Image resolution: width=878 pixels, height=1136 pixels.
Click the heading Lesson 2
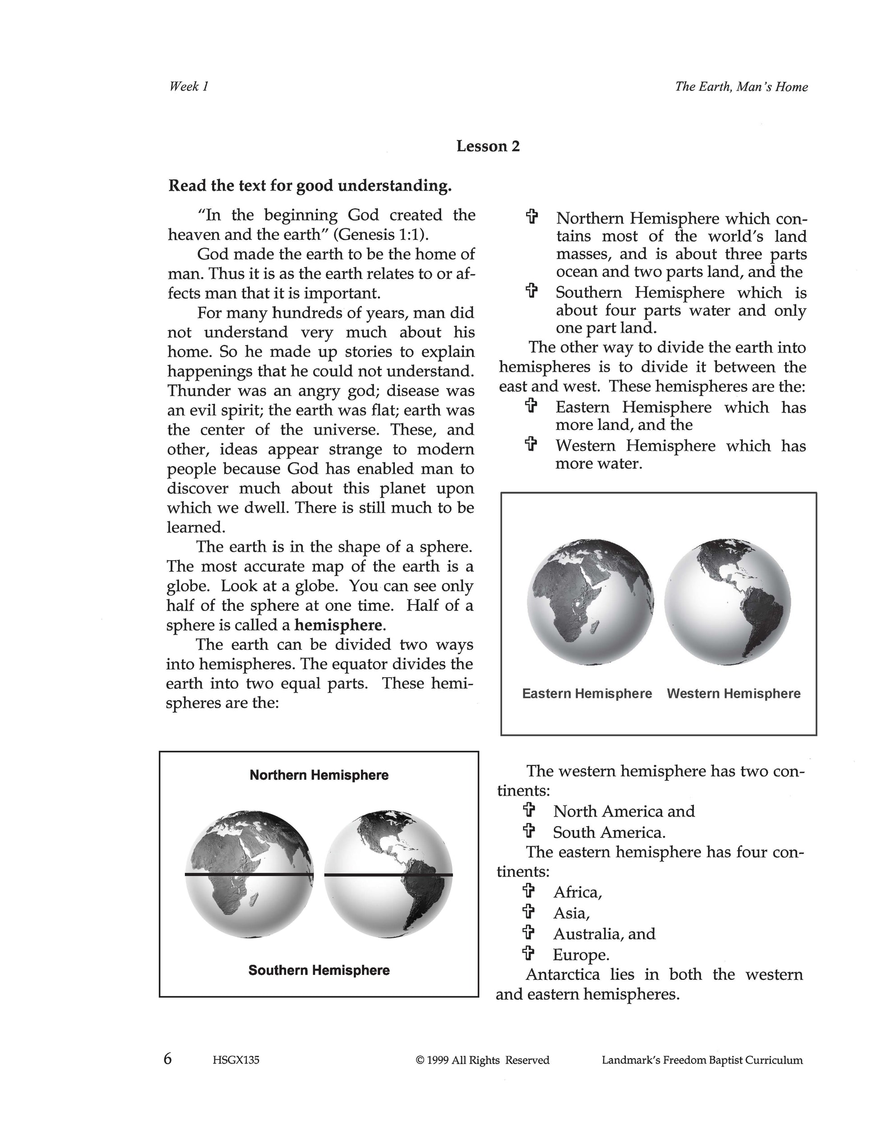[x=488, y=146]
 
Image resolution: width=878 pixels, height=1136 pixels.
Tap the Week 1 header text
[x=189, y=86]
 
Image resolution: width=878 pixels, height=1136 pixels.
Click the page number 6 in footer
[x=167, y=1058]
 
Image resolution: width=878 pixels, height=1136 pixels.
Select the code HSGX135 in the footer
[x=236, y=1060]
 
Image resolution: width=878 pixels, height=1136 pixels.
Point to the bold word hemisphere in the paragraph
[x=338, y=625]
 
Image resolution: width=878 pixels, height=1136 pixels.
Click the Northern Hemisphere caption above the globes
[x=319, y=775]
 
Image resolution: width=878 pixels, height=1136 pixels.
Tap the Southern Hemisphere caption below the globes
[x=319, y=970]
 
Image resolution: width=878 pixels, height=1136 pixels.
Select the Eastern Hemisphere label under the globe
[x=587, y=693]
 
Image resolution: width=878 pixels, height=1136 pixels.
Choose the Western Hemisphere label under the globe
[x=734, y=693]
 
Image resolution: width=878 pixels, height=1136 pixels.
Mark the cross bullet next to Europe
[x=528, y=953]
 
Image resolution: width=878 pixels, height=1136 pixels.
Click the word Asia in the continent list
[x=571, y=913]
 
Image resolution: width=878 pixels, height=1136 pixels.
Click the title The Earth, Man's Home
[x=741, y=86]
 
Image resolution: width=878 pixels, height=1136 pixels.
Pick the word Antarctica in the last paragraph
[x=562, y=974]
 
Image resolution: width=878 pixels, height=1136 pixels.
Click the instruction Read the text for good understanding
[x=310, y=186]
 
